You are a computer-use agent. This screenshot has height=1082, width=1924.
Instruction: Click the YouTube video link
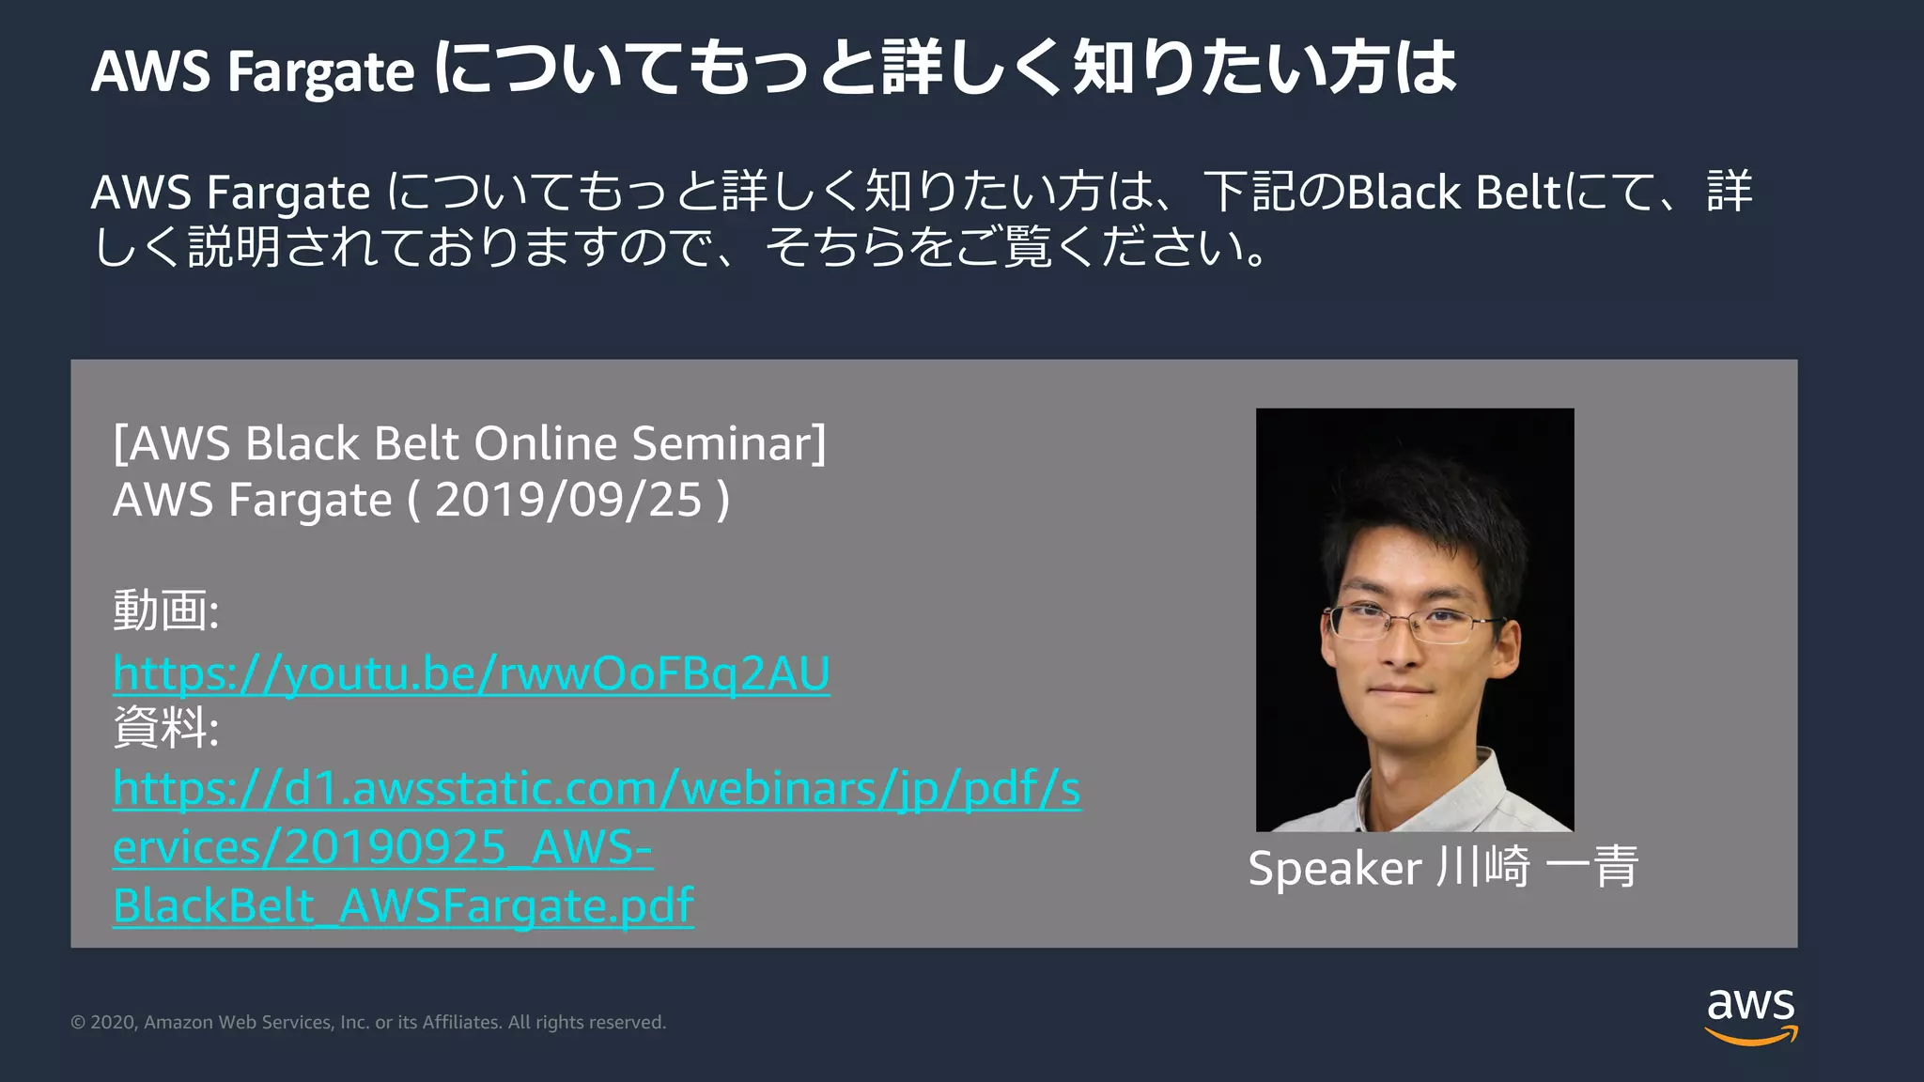[x=471, y=674]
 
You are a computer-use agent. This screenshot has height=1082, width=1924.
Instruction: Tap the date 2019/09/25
[x=568, y=500]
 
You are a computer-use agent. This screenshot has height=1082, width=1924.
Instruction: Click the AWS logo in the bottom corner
[x=1751, y=1014]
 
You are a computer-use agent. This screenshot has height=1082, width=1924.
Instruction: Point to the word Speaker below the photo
[x=1334, y=868]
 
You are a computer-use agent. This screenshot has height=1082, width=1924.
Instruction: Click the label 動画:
[x=165, y=611]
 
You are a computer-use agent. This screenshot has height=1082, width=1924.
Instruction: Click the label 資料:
[x=165, y=728]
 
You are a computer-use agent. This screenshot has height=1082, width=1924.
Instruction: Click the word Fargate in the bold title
[x=320, y=72]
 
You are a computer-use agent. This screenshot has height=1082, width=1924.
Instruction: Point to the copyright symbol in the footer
[x=78, y=1023]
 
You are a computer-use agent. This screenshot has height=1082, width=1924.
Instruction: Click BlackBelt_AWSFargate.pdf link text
[x=403, y=906]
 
